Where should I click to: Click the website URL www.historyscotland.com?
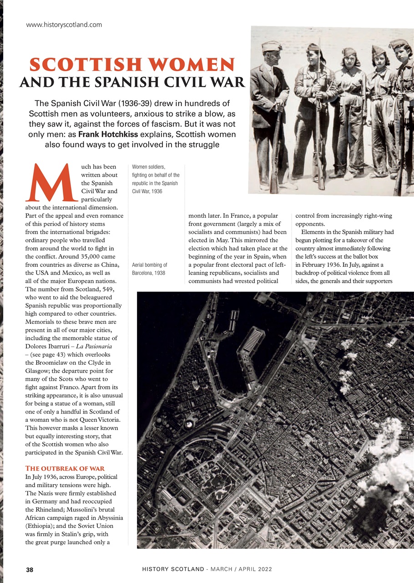coord(64,25)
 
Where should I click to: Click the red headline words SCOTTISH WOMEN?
coord(132,65)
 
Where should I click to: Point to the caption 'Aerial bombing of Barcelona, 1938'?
coord(150,268)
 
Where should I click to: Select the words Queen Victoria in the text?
coord(102,419)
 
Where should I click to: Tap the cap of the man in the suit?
coord(272,46)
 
